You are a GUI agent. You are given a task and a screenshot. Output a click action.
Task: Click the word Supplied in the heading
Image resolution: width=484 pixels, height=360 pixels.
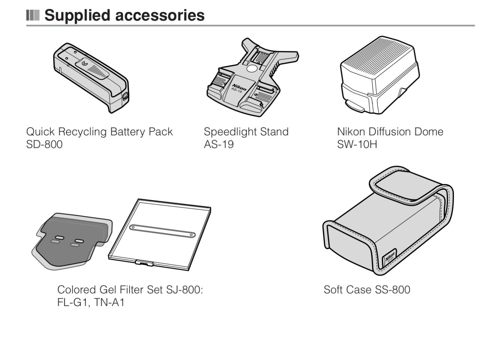[77, 15]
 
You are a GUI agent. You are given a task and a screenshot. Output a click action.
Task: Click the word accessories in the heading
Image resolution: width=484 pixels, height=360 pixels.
[160, 15]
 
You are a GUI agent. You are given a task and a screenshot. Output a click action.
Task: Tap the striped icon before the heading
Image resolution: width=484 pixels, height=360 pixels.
[33, 15]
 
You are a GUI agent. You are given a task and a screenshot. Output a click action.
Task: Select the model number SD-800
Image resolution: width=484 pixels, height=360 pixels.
[44, 144]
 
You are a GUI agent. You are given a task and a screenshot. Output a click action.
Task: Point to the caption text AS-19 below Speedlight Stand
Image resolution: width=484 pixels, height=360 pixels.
[219, 144]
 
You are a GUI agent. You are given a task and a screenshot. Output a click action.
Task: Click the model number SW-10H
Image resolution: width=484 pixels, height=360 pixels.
[357, 144]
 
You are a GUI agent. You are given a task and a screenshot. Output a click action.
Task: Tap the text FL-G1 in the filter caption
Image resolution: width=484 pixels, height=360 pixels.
[73, 302]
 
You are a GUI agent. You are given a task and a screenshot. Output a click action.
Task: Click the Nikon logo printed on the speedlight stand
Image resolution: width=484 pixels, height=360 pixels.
[239, 87]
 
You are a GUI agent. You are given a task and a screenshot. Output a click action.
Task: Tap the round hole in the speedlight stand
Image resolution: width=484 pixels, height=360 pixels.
[252, 69]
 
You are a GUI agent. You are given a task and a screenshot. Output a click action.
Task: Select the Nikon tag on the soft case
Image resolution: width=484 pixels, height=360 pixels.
[390, 258]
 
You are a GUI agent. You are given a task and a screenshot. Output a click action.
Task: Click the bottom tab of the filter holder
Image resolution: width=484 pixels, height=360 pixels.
[144, 262]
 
